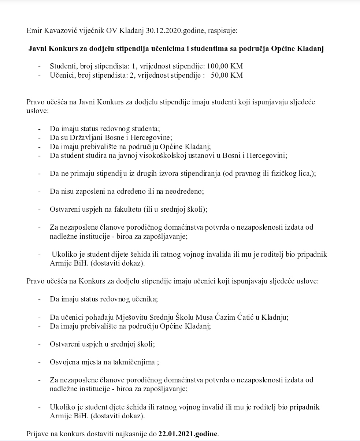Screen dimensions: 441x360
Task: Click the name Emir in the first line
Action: pos(34,30)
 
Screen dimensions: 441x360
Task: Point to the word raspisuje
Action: pos(223,30)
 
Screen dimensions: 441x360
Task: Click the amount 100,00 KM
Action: pos(225,66)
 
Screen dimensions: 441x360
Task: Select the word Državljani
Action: pos(86,138)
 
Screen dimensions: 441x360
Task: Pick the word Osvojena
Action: pos(64,362)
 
